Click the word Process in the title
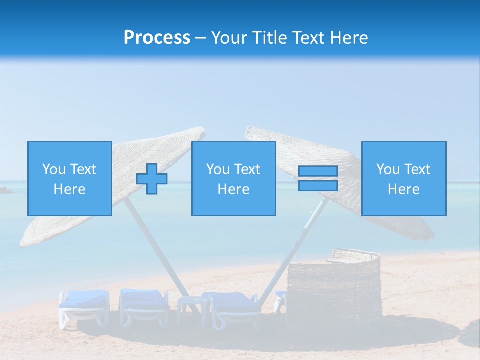(x=157, y=38)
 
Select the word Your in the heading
(x=229, y=38)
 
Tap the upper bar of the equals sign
(x=318, y=171)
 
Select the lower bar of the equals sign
(x=318, y=185)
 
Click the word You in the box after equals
(x=388, y=169)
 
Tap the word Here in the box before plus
(x=69, y=189)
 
